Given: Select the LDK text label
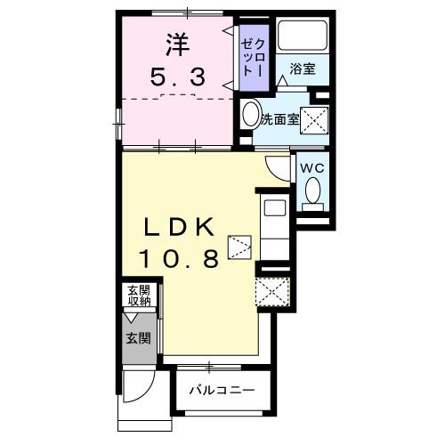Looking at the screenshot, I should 180,227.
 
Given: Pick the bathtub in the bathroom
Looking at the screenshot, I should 303,36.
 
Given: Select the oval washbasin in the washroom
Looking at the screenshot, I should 250,117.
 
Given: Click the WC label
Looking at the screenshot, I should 311,167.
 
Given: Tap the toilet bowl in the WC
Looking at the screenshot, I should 312,190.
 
